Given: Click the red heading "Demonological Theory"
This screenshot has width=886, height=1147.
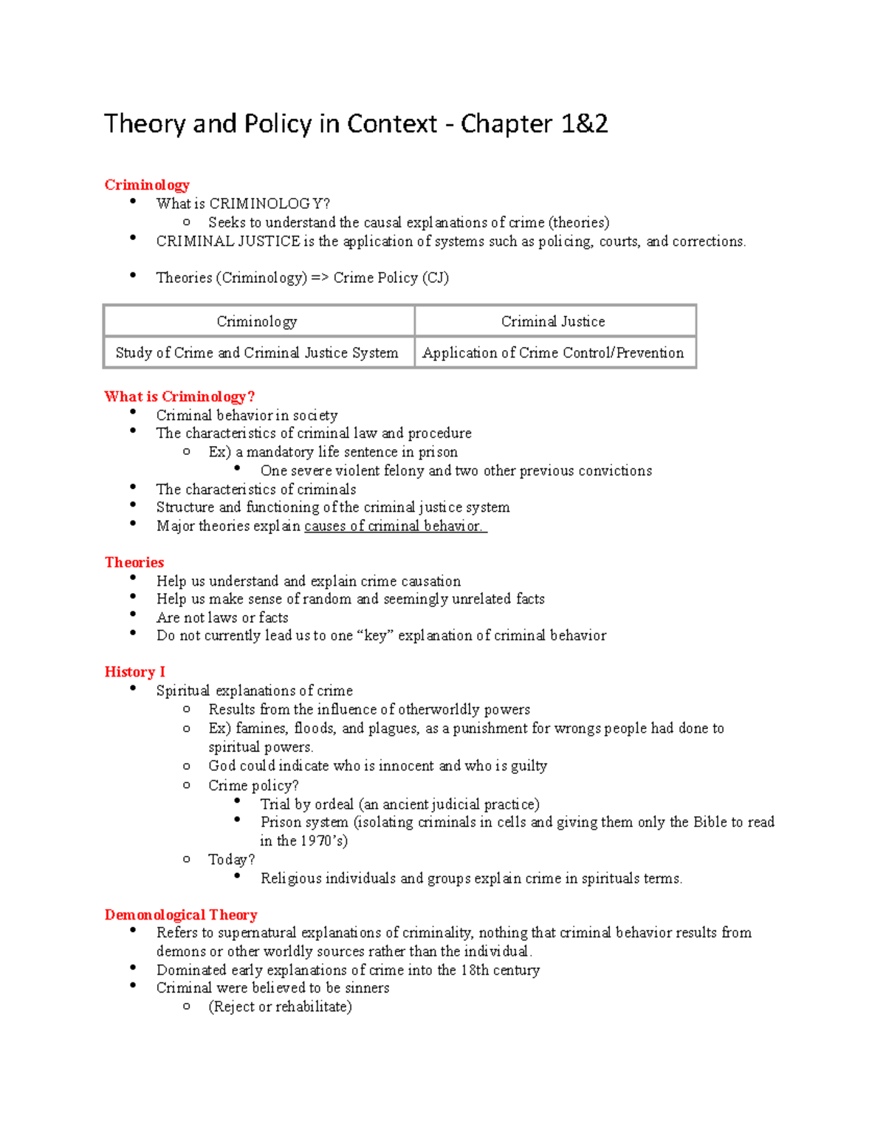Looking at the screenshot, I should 181,914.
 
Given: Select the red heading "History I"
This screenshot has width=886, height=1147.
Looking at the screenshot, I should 134,671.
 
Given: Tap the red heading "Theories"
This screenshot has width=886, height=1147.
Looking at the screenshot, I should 134,562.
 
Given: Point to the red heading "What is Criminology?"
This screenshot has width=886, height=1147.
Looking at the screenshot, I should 179,397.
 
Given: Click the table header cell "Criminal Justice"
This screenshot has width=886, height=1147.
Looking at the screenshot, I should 553,321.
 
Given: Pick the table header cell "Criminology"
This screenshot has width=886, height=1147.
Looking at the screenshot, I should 257,321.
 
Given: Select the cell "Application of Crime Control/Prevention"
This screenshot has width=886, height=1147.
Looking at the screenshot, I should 553,352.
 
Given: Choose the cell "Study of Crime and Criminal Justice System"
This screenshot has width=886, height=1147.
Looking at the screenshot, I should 257,352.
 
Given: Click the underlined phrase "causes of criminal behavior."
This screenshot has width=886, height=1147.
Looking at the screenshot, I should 394,526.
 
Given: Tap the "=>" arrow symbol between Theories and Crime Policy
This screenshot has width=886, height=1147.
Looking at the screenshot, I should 320,278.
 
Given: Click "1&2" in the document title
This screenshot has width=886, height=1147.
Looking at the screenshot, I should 584,123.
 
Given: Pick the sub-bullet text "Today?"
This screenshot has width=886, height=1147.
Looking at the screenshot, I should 231,859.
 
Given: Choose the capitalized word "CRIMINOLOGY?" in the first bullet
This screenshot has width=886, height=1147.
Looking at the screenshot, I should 269,204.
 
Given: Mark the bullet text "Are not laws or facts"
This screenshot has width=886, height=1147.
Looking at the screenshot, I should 222,617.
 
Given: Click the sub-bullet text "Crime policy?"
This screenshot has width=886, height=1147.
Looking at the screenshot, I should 253,785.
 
